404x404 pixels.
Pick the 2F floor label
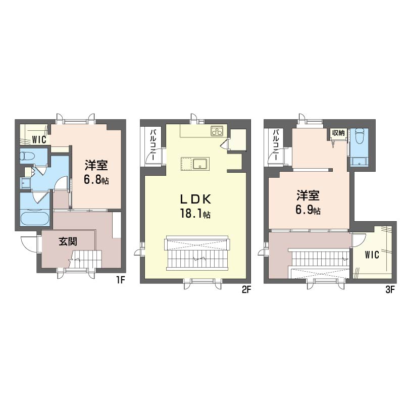click(246, 289)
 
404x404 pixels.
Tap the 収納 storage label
click(338, 133)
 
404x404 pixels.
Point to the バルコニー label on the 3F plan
click(277, 145)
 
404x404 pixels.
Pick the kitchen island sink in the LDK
click(197, 164)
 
